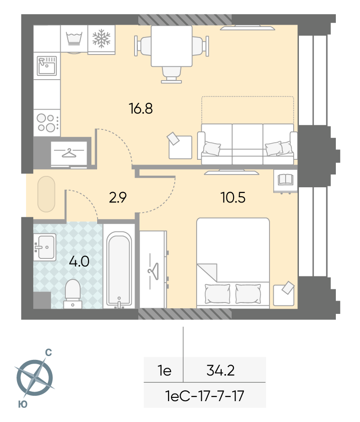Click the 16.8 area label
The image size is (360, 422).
pyautogui.click(x=141, y=109)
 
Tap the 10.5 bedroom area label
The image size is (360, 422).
pyautogui.click(x=233, y=198)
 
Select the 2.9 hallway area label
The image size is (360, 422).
pyautogui.click(x=118, y=198)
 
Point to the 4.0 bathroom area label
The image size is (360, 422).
pyautogui.click(x=79, y=261)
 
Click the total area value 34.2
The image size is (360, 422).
pyautogui.click(x=220, y=370)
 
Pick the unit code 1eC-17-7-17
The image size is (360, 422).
pyautogui.click(x=205, y=396)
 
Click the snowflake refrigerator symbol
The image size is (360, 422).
pyautogui.click(x=101, y=39)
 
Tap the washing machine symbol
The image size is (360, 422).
pyautogui.click(x=74, y=38)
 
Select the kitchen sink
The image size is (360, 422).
pyautogui.click(x=47, y=65)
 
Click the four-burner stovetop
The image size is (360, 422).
pyautogui.click(x=47, y=123)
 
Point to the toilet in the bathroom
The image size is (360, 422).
pyautogui.click(x=73, y=294)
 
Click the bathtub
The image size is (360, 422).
pyautogui.click(x=119, y=270)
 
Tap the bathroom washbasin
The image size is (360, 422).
pyautogui.click(x=45, y=247)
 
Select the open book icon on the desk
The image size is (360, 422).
pyautogui.click(x=286, y=179)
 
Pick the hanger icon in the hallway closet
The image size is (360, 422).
pyautogui.click(x=69, y=153)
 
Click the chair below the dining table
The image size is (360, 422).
pyautogui.click(x=171, y=74)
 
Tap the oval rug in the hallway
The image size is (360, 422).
pyautogui.click(x=46, y=194)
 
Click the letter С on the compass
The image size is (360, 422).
pyautogui.click(x=48, y=352)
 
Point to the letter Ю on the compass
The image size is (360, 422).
pyautogui.click(x=23, y=404)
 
